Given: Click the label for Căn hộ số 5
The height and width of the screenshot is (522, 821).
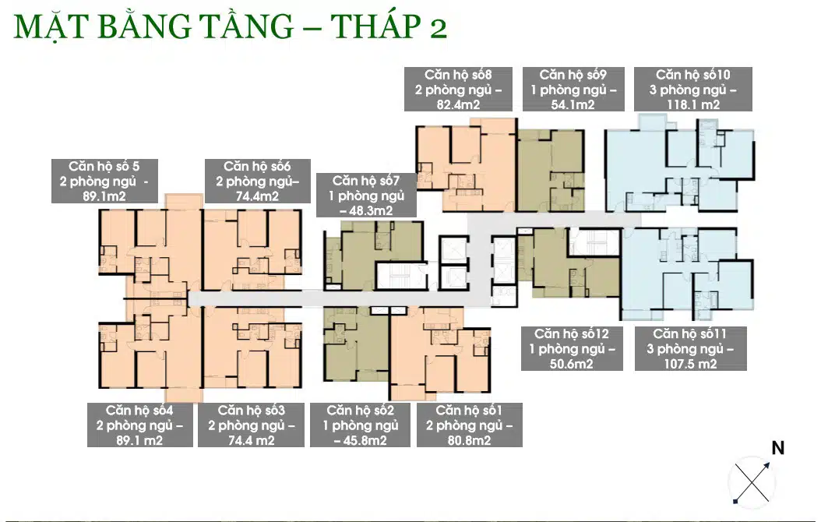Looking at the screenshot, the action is [x=104, y=182].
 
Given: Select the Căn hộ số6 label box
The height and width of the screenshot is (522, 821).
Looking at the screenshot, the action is [x=258, y=182].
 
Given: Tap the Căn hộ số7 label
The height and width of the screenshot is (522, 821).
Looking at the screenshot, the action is [x=367, y=196].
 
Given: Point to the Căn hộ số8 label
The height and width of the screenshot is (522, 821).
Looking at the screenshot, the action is [x=458, y=89].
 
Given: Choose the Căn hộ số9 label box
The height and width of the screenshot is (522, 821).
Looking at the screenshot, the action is [x=573, y=89].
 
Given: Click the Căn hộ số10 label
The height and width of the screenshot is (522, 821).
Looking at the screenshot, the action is [x=693, y=89].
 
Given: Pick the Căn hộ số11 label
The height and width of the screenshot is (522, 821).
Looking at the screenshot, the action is [x=691, y=349].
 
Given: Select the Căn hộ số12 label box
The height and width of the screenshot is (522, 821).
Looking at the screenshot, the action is [x=572, y=349].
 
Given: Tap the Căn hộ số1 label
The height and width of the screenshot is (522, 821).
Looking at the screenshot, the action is [x=469, y=425].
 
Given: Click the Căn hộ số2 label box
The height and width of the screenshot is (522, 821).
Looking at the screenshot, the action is [x=360, y=425].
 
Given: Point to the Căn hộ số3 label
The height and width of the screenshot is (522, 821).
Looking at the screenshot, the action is [x=252, y=425].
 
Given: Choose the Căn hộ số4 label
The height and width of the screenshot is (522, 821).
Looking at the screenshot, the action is [x=139, y=425].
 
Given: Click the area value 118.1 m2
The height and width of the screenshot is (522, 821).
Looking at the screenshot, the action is [x=693, y=104].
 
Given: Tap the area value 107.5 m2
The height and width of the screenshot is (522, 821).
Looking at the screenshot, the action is [x=691, y=364].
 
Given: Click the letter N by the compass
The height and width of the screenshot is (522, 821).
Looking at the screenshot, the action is [x=778, y=448].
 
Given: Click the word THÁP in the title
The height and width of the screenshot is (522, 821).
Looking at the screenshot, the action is [x=375, y=26].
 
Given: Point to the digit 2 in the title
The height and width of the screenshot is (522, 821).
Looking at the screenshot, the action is [x=439, y=30].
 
